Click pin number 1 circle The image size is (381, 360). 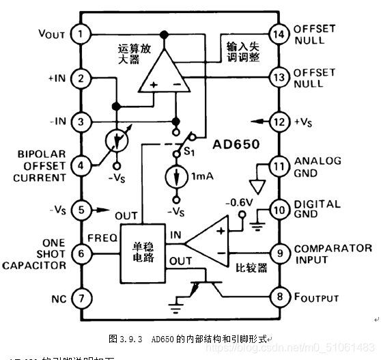82,33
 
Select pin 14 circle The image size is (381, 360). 278,33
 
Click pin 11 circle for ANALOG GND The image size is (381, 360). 278,165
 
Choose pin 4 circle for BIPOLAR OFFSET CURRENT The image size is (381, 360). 82,165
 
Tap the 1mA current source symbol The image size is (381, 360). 177,176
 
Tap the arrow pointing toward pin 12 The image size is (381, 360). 258,122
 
